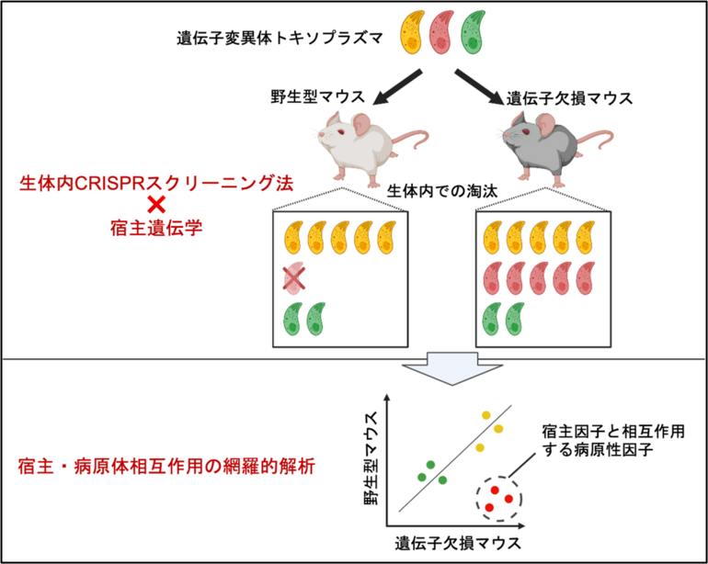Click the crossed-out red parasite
click(x=294, y=277)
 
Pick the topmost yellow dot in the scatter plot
click(x=487, y=415)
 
